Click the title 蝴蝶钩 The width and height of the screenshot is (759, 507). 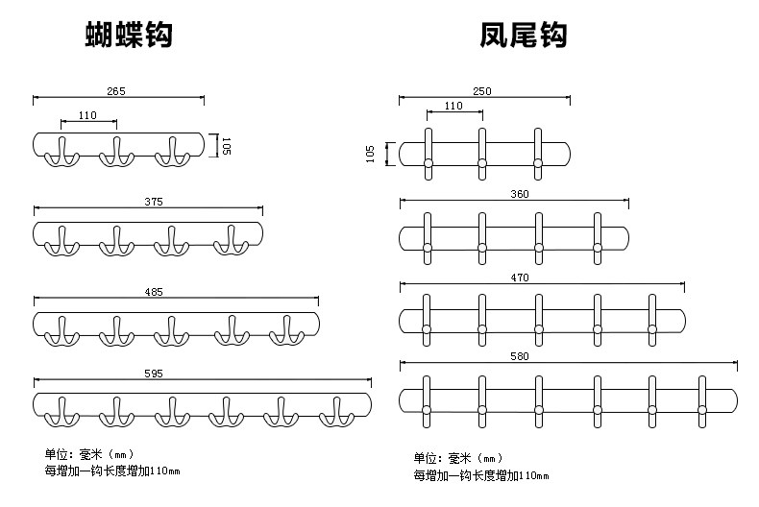[x=129, y=36]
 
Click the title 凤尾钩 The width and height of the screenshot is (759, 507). [x=523, y=36]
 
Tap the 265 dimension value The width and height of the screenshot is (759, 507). [x=117, y=91]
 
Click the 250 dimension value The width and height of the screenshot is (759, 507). [x=482, y=91]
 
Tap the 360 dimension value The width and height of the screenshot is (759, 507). [x=520, y=195]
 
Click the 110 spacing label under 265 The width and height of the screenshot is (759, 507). [x=88, y=115]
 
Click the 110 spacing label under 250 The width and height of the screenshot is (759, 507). [x=453, y=106]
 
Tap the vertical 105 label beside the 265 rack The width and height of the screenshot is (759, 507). [x=226, y=146]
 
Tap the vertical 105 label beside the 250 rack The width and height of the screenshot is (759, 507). [x=371, y=154]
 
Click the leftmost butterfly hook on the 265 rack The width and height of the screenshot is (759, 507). [x=61, y=152]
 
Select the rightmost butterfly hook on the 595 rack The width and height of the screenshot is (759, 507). [x=338, y=410]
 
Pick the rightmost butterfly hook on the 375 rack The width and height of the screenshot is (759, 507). [x=231, y=242]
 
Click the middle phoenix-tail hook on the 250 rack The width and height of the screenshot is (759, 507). [x=482, y=154]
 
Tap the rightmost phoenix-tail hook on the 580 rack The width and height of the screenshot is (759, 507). [x=703, y=398]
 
